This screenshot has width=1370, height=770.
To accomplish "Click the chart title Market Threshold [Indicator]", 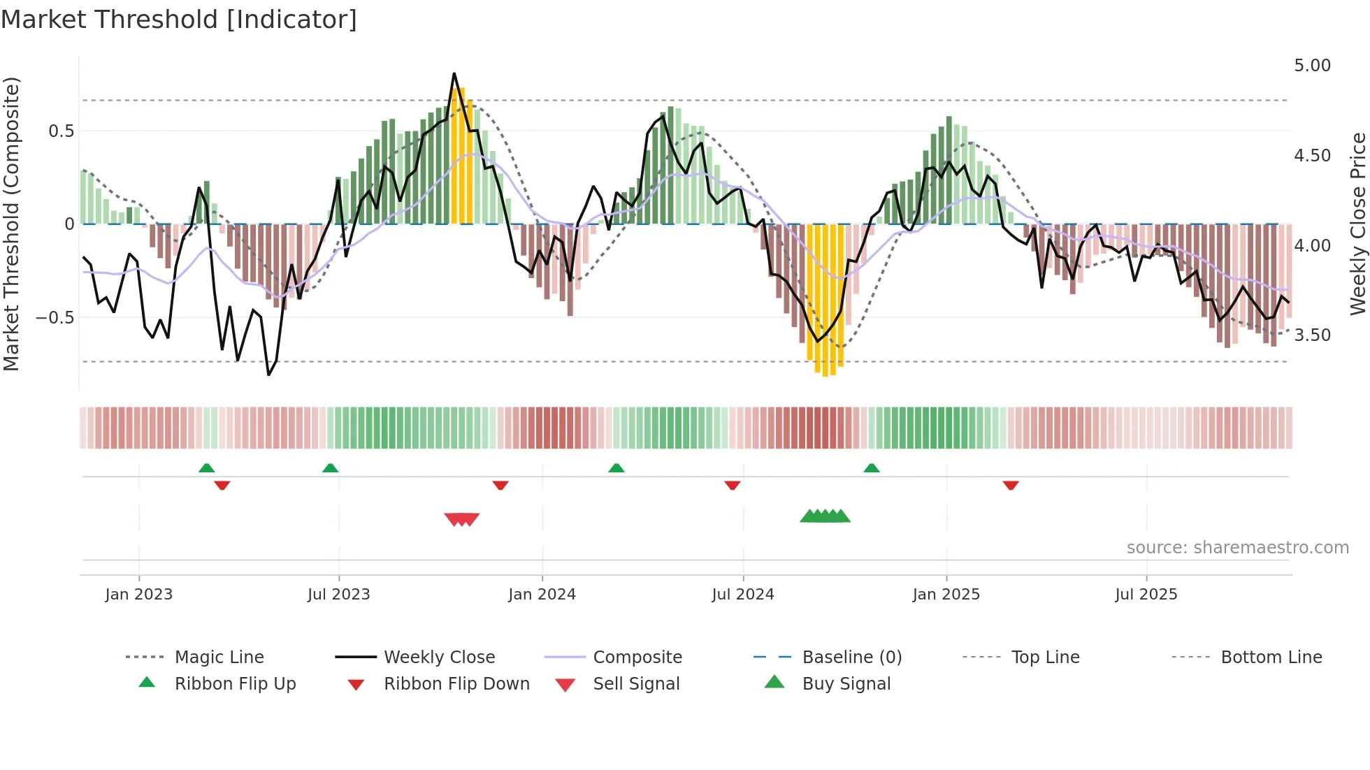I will pyautogui.click(x=179, y=20).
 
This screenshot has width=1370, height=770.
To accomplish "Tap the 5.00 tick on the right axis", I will pyautogui.click(x=1312, y=66).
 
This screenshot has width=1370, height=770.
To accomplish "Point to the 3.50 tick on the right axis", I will pyautogui.click(x=1312, y=335).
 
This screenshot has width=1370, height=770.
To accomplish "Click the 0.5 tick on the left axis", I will pyautogui.click(x=61, y=131).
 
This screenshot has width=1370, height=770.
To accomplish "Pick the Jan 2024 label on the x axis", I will pyautogui.click(x=542, y=595).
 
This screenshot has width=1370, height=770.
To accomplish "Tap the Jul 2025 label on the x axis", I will pyautogui.click(x=1146, y=595).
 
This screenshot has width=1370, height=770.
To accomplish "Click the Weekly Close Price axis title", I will pyautogui.click(x=1357, y=224).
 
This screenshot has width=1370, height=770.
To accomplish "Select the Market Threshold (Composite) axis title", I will pyautogui.click(x=11, y=224).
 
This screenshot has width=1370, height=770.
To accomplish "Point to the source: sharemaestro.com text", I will pyautogui.click(x=1237, y=548).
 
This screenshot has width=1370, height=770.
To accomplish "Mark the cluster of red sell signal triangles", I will pyautogui.click(x=462, y=519).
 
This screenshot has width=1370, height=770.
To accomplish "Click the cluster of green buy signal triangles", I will pyautogui.click(x=825, y=516).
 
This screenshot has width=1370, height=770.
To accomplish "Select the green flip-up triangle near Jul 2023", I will pyautogui.click(x=330, y=468).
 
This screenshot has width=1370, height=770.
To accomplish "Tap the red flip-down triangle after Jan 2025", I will pyautogui.click(x=1011, y=485).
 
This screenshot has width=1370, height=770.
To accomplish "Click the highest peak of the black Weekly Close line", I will pyautogui.click(x=454, y=73).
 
